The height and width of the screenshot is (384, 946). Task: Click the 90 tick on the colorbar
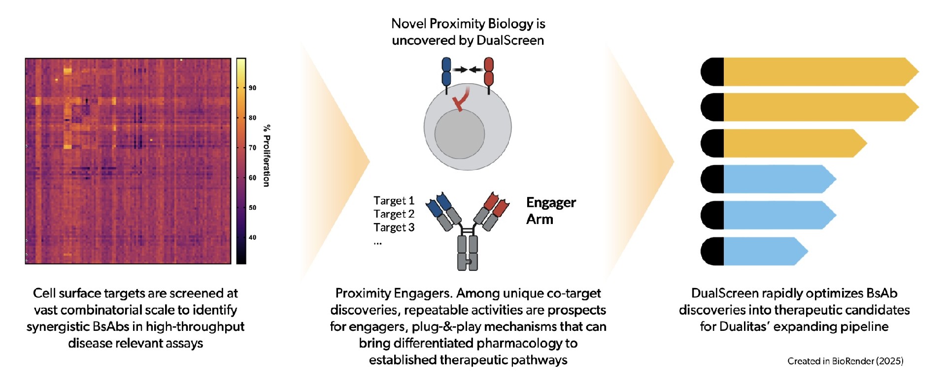tap(252, 88)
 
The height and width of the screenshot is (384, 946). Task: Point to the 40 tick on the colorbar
tap(252, 237)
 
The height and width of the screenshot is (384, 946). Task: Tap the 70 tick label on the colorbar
tap(252, 148)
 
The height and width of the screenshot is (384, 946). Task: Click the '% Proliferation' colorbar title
tap(267, 156)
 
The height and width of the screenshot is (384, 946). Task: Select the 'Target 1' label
tap(394, 200)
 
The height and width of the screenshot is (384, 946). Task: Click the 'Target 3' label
tap(394, 227)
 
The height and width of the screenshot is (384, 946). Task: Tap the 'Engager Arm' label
tap(551, 211)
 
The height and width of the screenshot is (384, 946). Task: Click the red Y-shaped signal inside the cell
tap(461, 99)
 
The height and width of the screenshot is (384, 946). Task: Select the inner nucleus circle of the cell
tap(460, 134)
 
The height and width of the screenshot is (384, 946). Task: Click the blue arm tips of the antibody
tap(439, 204)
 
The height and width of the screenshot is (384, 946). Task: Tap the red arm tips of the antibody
tap(496, 204)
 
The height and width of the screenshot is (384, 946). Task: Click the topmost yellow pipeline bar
tap(810, 72)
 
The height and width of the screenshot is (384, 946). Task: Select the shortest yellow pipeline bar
tap(784, 143)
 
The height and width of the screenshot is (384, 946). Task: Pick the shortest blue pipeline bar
tap(754, 251)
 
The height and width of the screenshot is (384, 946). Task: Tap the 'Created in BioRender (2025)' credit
tap(845, 361)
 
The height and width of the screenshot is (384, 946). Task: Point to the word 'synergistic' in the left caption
tap(59, 327)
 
